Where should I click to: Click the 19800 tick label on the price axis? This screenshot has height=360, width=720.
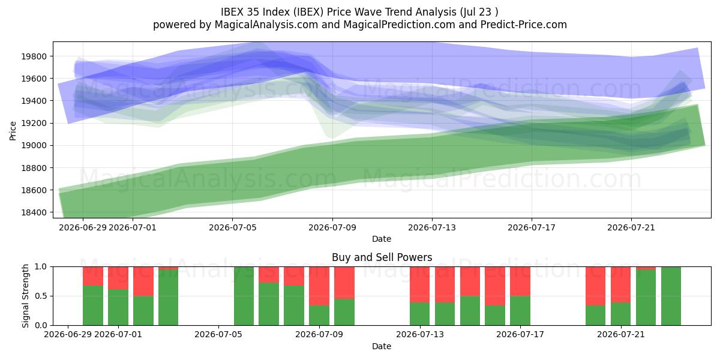[x=34, y=56]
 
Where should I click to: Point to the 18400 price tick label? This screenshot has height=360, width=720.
[x=34, y=212]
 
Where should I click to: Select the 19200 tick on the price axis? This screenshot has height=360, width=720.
[x=34, y=124]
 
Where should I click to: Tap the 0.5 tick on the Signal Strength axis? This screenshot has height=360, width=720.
[x=41, y=296]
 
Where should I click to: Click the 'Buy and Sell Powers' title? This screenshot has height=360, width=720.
[x=382, y=257]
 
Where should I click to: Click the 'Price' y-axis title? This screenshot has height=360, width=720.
[x=13, y=131]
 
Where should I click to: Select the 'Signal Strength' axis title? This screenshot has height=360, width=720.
[x=25, y=296]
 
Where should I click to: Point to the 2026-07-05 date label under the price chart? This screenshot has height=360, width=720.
[x=232, y=227]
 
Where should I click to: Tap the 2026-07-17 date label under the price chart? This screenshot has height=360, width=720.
[x=532, y=227]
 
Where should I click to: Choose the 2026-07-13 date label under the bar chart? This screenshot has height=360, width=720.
[x=420, y=335]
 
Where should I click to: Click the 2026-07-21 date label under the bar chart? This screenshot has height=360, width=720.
[x=620, y=335]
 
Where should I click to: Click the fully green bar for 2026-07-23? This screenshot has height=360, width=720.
[x=671, y=296]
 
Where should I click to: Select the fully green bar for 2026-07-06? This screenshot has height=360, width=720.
[x=244, y=296]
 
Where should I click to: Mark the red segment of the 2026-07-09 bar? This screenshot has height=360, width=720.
[x=319, y=286]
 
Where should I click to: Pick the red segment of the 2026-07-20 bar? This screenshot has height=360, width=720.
[x=595, y=286]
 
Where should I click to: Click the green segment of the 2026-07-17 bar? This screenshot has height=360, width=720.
[x=520, y=311]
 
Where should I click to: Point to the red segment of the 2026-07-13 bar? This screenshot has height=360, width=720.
[x=419, y=284]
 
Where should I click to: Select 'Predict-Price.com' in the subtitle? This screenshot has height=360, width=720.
[x=524, y=25]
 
